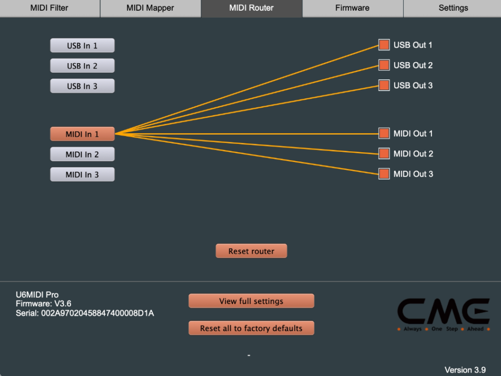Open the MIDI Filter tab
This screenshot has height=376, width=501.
point(49,8)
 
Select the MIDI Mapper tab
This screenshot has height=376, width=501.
point(150,8)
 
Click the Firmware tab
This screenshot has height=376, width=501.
point(352,8)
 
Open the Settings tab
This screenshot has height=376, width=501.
point(453,8)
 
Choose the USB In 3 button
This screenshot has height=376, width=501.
point(82,86)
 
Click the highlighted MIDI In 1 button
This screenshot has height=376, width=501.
point(82,134)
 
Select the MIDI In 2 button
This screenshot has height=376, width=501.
point(82,154)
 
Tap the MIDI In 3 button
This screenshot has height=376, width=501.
point(82,174)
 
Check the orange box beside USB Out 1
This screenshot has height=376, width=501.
point(384,45)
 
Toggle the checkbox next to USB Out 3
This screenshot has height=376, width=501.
point(384,85)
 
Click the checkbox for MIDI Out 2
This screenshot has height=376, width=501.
point(384,154)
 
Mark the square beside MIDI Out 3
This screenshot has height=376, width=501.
point(384,174)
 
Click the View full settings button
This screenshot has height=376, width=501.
point(251,301)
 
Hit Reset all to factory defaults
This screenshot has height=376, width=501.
point(251,329)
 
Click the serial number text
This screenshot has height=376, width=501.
point(85,313)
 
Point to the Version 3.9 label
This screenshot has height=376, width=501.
point(465,370)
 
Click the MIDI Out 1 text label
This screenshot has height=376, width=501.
point(413,133)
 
